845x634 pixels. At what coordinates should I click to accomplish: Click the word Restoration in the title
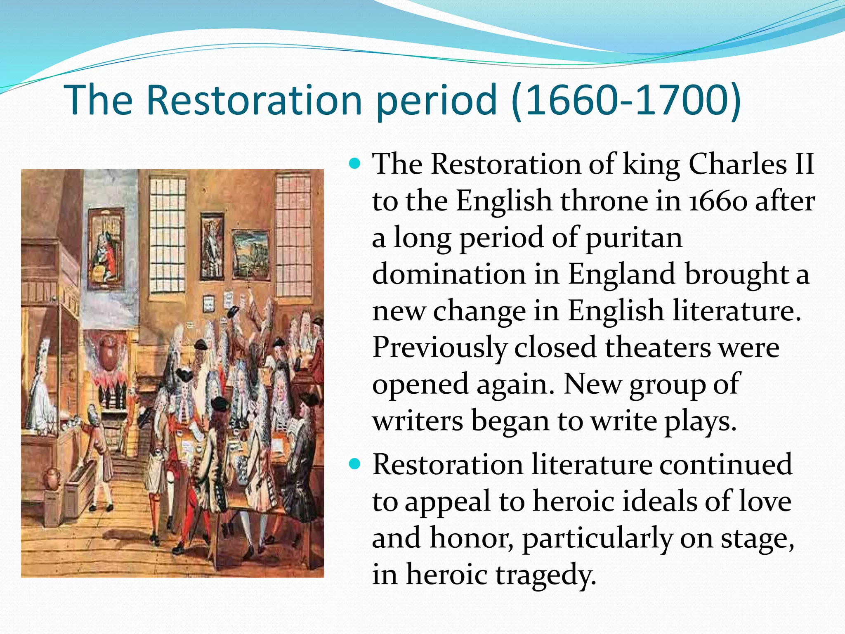tap(254, 100)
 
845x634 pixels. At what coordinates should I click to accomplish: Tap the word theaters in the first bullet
tap(658, 348)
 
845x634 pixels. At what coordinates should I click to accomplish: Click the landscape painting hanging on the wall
tap(251, 254)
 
